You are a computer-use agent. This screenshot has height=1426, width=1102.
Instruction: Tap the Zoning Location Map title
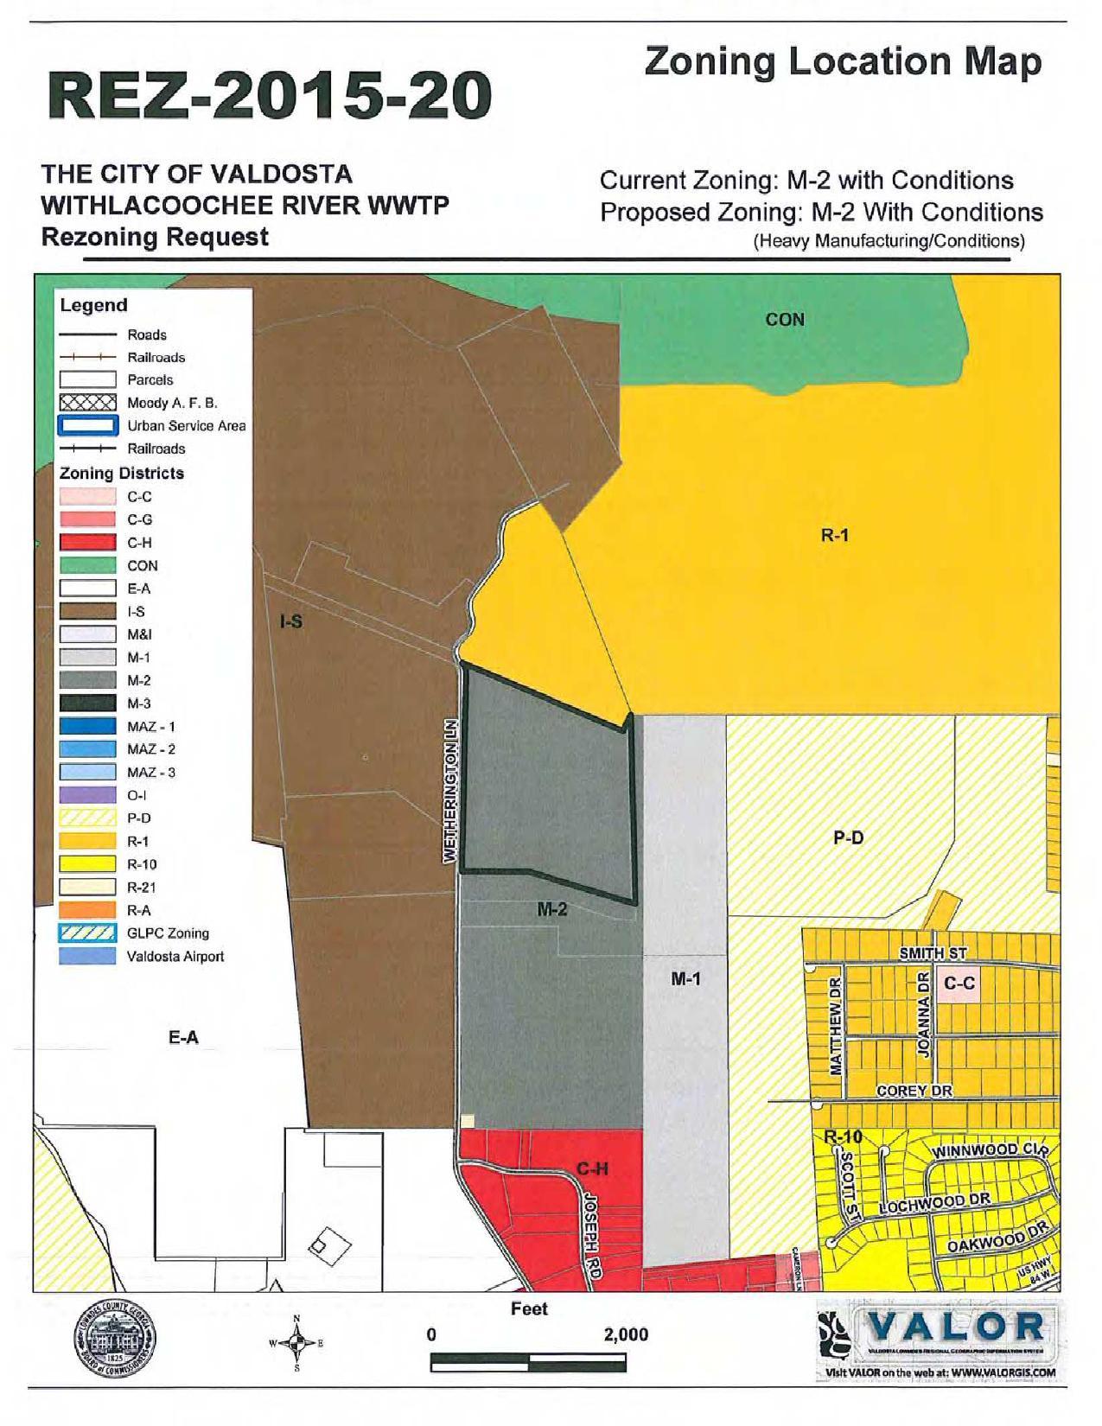843,62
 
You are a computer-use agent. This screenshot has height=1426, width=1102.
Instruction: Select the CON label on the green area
785,320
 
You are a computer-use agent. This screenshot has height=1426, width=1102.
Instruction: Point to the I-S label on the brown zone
291,621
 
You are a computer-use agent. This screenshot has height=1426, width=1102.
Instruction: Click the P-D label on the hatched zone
848,837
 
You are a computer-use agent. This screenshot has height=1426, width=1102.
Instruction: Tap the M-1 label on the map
685,979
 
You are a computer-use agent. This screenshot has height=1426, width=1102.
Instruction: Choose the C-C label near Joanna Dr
959,984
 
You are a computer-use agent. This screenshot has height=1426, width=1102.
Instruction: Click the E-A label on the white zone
183,1037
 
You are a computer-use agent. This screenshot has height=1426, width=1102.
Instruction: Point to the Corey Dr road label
914,1091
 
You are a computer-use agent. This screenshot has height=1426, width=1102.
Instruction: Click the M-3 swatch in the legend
87,703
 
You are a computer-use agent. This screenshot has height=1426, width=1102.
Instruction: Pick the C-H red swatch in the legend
87,543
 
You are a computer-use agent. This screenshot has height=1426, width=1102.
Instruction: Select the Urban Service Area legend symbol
87,426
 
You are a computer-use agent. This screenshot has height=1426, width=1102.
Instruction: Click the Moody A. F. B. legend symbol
87,403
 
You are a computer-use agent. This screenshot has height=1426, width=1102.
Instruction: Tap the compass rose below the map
296,1344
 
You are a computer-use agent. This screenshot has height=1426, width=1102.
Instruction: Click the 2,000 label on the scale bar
626,1334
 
